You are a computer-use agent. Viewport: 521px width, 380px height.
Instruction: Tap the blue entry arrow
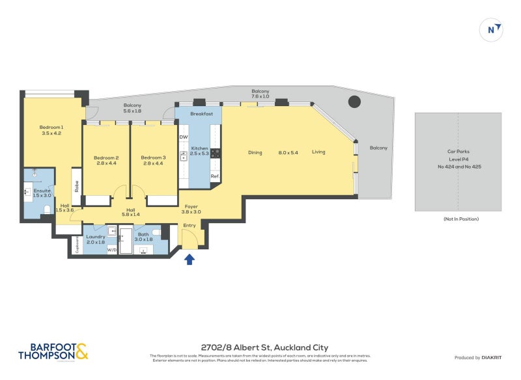pyautogui.click(x=190, y=260)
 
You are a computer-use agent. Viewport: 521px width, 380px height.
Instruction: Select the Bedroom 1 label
pyautogui.click(x=51, y=129)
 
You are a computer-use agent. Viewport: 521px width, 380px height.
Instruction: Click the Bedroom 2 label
pyautogui.click(x=106, y=160)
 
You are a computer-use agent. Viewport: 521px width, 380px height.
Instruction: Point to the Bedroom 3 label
pyautogui.click(x=154, y=160)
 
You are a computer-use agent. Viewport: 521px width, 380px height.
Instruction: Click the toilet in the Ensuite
pyautogui.click(x=48, y=208)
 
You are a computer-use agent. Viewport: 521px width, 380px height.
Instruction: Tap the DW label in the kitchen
pyautogui.click(x=184, y=137)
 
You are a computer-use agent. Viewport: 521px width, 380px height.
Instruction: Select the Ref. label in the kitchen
pyautogui.click(x=214, y=176)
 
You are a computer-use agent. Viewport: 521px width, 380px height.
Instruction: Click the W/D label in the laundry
pyautogui.click(x=111, y=249)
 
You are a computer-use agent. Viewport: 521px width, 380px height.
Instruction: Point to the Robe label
pyautogui.click(x=76, y=187)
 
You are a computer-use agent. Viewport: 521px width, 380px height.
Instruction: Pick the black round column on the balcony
pyautogui.click(x=354, y=102)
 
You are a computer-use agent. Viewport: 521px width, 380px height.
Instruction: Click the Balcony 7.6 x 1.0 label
pyautogui.click(x=260, y=94)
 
